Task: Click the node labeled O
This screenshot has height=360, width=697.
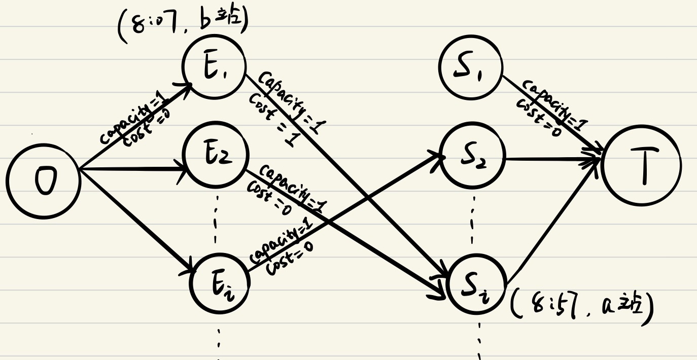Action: coord(44,182)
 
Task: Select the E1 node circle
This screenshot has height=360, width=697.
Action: coord(215,65)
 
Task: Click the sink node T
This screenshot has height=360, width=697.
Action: coord(642,166)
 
